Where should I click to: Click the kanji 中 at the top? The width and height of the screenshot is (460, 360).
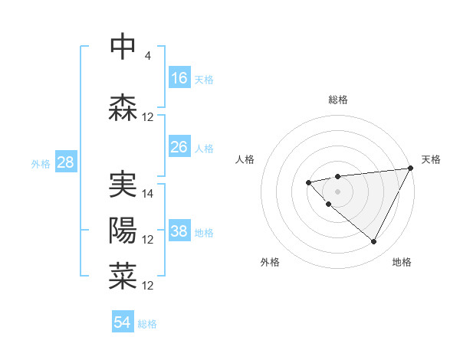click(123, 47)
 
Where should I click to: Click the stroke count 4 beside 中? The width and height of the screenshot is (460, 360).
click(147, 55)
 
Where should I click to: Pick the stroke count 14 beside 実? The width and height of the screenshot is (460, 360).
click(148, 194)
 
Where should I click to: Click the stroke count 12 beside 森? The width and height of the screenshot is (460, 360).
click(148, 117)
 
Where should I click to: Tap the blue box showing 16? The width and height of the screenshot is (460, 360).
click(179, 77)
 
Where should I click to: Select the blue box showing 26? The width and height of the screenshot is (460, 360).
click(179, 146)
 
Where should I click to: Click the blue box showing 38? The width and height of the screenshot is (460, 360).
click(179, 231)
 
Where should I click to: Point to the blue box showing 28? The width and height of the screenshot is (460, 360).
click(64, 162)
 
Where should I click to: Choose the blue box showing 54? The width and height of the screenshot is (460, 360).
click(123, 322)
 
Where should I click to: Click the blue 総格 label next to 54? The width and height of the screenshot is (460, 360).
click(147, 324)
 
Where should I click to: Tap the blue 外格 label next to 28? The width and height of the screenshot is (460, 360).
click(41, 163)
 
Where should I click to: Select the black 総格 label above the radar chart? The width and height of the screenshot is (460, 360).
click(338, 100)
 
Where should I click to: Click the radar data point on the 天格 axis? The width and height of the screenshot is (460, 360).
click(412, 169)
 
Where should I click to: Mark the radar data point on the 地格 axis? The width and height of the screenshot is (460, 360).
click(373, 242)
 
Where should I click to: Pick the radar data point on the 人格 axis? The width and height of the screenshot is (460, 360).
click(308, 182)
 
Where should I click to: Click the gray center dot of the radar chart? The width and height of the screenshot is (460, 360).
click(337, 191)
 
